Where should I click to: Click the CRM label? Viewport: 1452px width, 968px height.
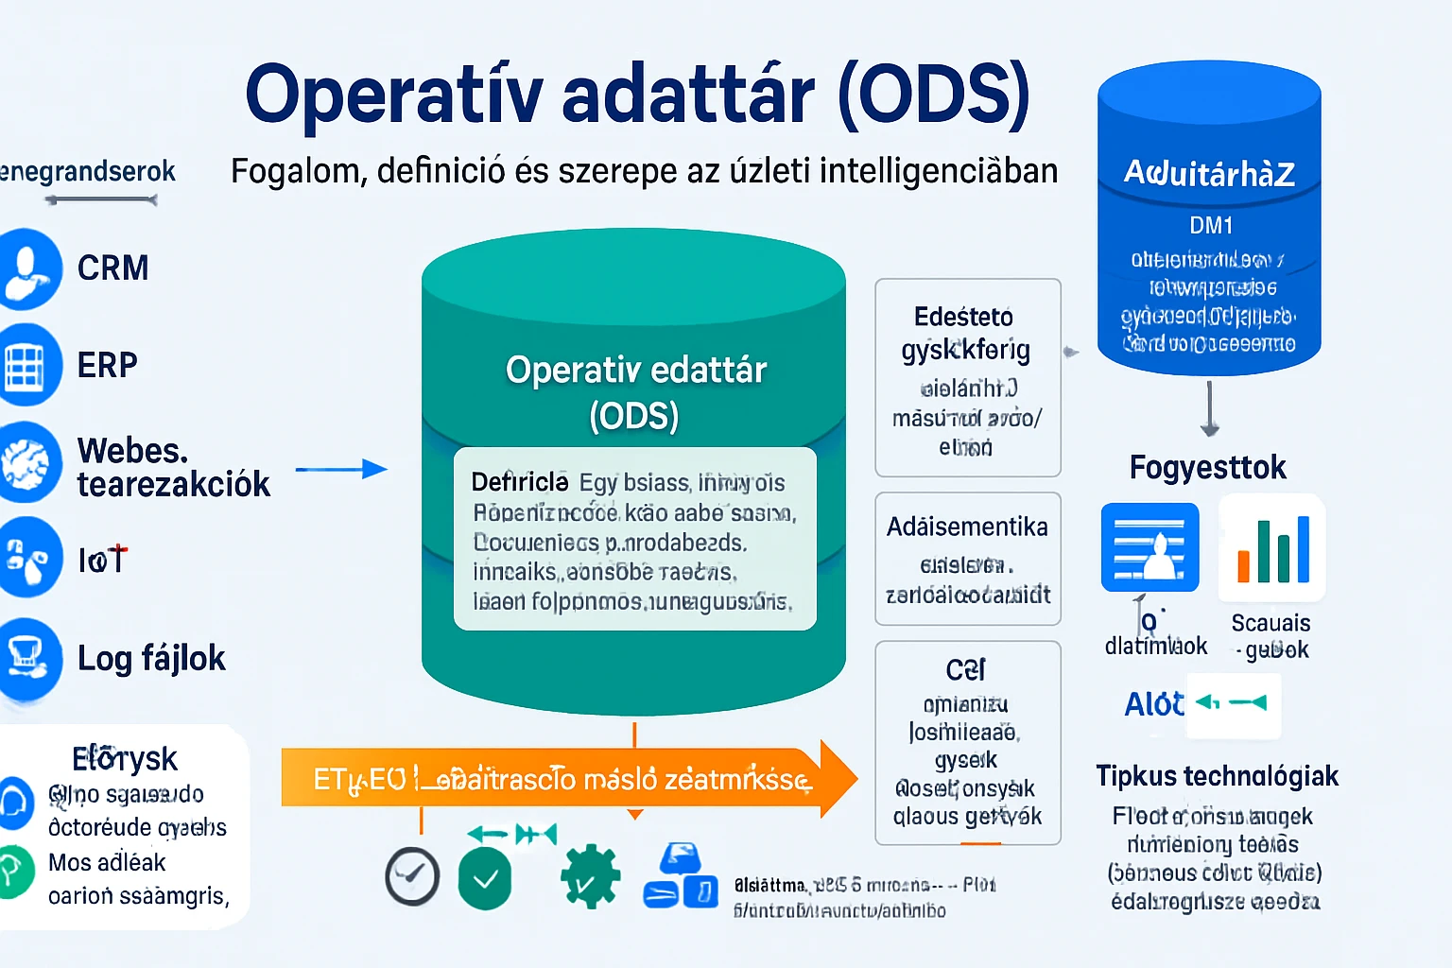tap(112, 268)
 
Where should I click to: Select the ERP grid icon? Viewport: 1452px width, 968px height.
tap(26, 365)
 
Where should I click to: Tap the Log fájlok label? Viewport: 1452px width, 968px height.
tap(151, 658)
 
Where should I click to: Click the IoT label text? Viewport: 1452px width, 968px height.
tap(102, 560)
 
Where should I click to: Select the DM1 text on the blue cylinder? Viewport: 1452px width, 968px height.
tap(1210, 225)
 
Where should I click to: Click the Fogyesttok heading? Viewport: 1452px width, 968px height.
tap(1207, 467)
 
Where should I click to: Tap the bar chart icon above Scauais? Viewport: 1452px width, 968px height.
tap(1272, 548)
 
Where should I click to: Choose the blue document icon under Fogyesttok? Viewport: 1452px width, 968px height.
tap(1149, 548)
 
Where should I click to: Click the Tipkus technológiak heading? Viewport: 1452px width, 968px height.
tap(1217, 776)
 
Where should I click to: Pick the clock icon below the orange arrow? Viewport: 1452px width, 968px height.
tap(412, 877)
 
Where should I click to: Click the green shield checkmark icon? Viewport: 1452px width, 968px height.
tap(485, 878)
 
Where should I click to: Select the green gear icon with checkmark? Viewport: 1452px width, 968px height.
tap(590, 877)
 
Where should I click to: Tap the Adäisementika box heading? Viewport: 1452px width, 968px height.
tap(967, 527)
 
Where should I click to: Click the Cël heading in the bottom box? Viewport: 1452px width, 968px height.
tap(965, 670)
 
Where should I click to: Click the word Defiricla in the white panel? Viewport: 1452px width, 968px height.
tap(519, 482)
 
